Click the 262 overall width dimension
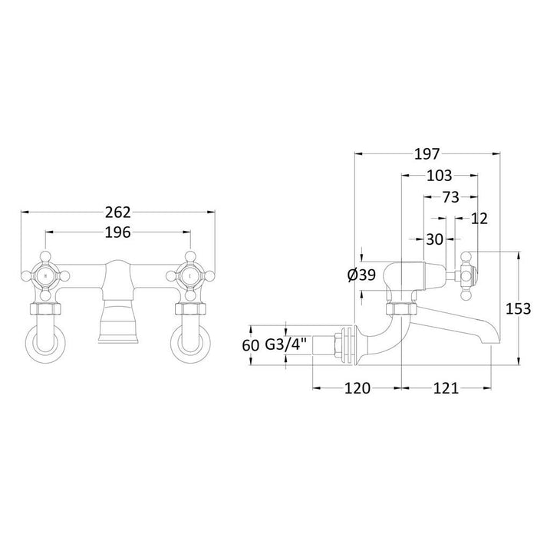coord(117,212)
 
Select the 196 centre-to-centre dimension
coord(117,232)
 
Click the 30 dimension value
coord(435,239)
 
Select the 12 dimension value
coord(480,219)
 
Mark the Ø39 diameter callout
coord(361,275)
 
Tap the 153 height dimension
coord(519,308)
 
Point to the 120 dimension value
coord(357,388)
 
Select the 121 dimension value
coord(446,388)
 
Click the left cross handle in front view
coord(45,274)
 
